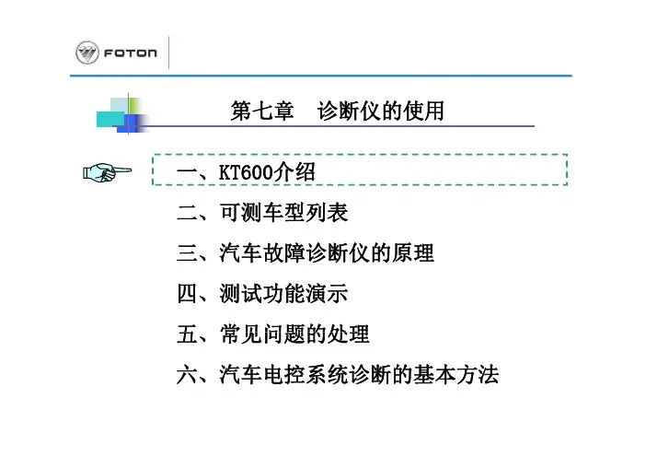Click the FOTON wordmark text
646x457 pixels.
[130, 53]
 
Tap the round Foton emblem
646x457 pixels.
[87, 53]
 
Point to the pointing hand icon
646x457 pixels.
[107, 171]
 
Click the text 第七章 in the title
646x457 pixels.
[262, 111]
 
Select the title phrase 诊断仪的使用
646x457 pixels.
[381, 111]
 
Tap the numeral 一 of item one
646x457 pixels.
[187, 172]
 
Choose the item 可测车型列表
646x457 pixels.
[283, 213]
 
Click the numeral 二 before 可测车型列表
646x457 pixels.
[187, 213]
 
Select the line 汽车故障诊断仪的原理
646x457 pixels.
[327, 252]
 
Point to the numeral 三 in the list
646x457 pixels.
[187, 252]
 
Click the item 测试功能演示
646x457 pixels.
[283, 294]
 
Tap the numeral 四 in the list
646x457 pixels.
[187, 294]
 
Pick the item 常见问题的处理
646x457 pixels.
[294, 334]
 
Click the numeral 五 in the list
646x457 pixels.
[187, 334]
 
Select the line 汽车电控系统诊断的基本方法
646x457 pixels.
[359, 374]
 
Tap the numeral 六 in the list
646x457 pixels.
[187, 374]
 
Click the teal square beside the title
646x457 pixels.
[110, 119]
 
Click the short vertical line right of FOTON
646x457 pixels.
[169, 53]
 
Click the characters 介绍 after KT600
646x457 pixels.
[294, 172]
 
